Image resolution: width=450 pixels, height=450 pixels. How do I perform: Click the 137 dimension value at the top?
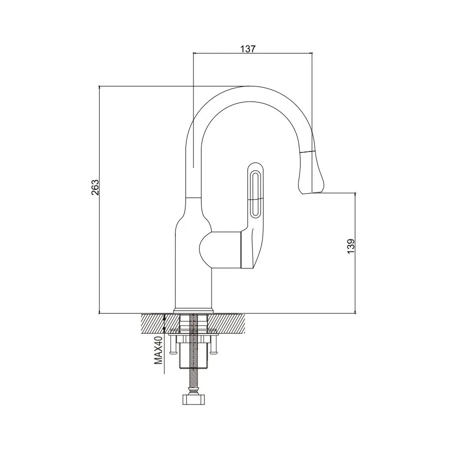tap(248, 48)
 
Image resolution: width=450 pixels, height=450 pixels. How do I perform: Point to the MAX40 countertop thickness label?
tap(158, 355)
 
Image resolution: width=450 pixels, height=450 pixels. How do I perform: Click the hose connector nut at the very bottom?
tap(192, 400)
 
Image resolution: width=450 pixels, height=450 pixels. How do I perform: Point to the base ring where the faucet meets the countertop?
tap(193, 310)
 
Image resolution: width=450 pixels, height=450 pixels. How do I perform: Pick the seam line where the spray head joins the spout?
tap(307, 150)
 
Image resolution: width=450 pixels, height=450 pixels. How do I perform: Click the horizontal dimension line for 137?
tap(252, 53)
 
